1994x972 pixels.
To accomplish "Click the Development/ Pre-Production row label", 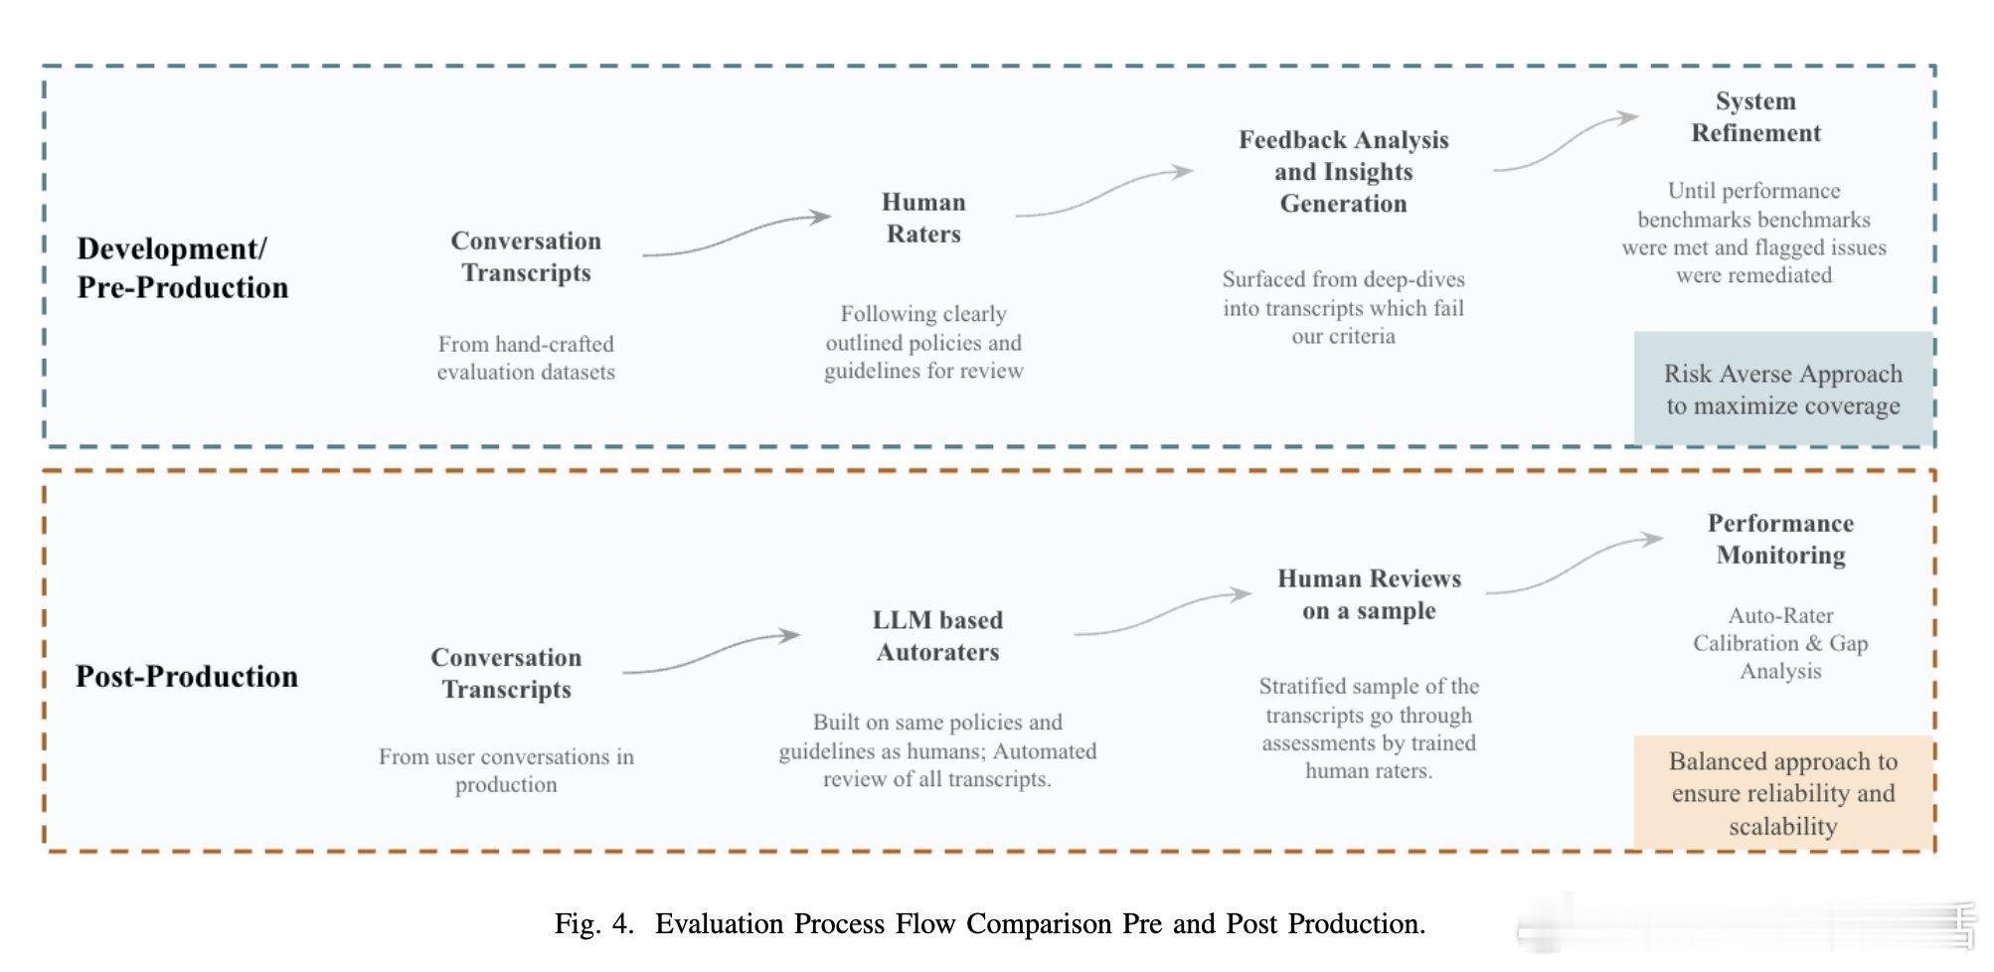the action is coord(183,267).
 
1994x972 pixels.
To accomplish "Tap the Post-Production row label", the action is coord(187,676).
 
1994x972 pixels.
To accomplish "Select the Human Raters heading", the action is coord(923,218).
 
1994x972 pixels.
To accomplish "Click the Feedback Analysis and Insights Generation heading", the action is coord(1343,171).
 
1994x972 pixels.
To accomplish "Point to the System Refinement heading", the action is coord(1755,116).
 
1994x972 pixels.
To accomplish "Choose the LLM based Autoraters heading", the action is coord(937,636).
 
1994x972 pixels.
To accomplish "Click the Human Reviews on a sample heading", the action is coord(1369,594).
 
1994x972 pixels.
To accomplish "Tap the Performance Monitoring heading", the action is coord(1780,539).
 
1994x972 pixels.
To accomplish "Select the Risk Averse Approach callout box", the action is coord(1783,389).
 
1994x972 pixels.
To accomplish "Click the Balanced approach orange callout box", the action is coord(1783,792).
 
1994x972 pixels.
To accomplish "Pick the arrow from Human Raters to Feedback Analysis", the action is coord(1103,193).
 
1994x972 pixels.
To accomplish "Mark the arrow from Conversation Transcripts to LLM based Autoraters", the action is coord(711,652).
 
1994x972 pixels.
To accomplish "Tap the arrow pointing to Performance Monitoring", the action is coord(1575,564).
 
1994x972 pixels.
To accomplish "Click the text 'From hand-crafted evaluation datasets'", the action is coord(526,358).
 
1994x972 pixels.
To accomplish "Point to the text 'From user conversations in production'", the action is coord(506,770).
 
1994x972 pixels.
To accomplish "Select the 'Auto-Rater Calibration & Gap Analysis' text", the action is coord(1780,643).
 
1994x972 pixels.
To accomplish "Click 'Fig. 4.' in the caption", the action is coord(593,923).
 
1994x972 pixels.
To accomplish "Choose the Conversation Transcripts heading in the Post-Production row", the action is coord(506,673).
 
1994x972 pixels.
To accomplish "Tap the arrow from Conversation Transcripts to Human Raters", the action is coord(737,235).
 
